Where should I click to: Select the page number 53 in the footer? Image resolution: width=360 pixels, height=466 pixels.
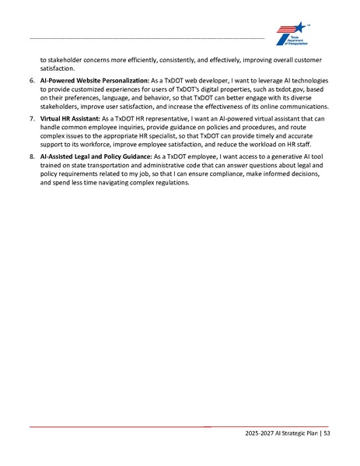pos(327,433)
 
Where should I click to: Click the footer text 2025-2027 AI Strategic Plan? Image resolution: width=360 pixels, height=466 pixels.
pos(280,433)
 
